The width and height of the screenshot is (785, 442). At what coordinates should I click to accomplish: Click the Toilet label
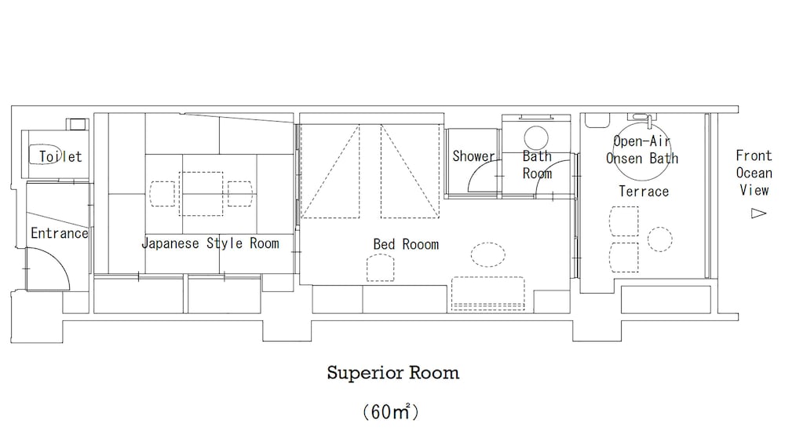click(x=60, y=157)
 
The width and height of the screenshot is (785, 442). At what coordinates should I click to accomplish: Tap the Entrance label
click(x=60, y=233)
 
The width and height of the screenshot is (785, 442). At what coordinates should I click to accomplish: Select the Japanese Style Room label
click(x=210, y=244)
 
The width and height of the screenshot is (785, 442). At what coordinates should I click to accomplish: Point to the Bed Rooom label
click(x=406, y=244)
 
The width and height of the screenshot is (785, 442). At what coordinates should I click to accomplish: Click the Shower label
click(x=473, y=156)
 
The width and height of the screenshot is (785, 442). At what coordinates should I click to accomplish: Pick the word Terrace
click(x=644, y=192)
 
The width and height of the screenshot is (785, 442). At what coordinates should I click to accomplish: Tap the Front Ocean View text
click(x=754, y=173)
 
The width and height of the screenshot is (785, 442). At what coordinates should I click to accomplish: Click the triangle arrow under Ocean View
click(x=758, y=214)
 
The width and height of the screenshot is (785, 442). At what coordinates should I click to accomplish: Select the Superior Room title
click(x=393, y=373)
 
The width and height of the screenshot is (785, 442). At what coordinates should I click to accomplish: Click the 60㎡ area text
click(x=391, y=411)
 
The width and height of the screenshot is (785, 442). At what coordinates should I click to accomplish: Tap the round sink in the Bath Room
click(x=536, y=137)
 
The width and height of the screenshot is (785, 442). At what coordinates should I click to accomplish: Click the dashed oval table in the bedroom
click(x=488, y=254)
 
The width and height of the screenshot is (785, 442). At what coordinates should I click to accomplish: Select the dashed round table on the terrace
click(x=660, y=239)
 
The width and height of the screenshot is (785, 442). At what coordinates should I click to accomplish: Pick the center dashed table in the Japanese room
click(x=201, y=194)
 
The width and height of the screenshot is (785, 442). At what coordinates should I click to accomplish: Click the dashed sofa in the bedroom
click(x=488, y=294)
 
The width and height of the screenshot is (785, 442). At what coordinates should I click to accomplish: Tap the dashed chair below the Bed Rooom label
click(x=381, y=268)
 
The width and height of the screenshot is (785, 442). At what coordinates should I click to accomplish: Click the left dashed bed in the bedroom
click(x=330, y=171)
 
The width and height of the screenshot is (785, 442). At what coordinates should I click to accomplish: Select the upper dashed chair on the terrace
click(x=624, y=221)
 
